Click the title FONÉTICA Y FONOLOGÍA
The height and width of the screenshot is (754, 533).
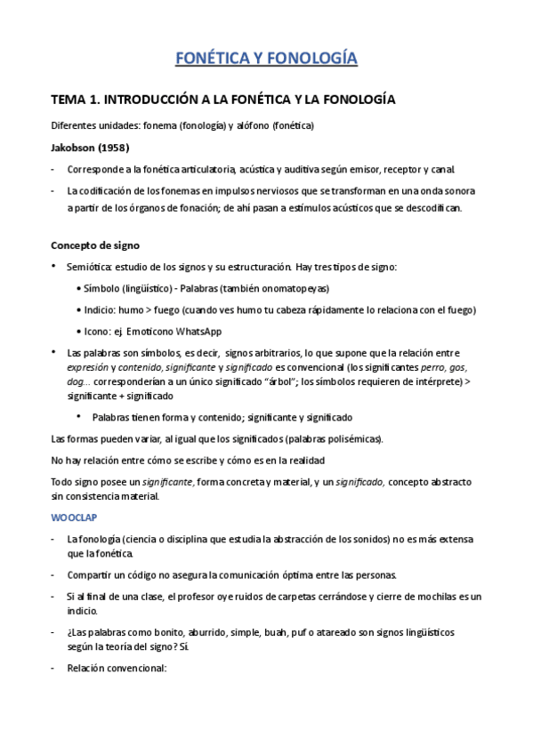click(x=266, y=60)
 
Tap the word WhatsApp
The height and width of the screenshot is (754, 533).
click(x=199, y=331)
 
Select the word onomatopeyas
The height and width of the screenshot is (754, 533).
click(x=295, y=289)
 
